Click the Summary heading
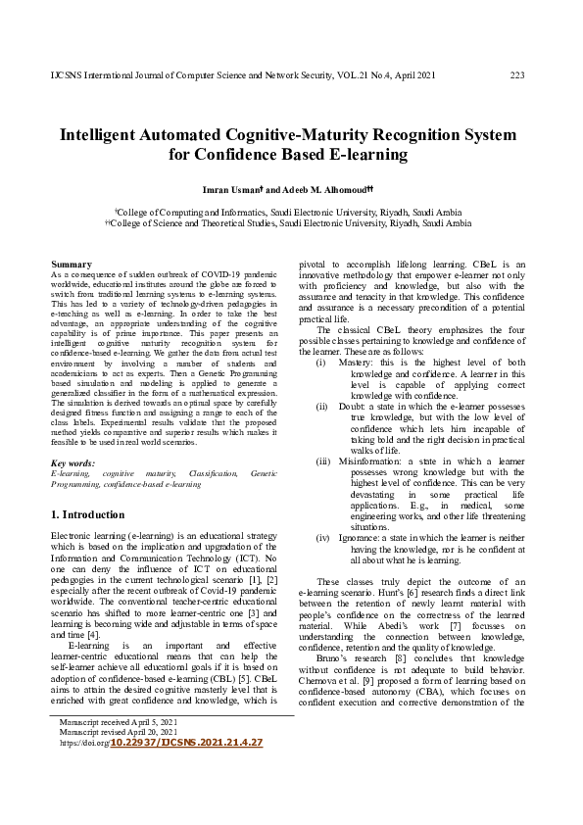pyautogui.click(x=71, y=265)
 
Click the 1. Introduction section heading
pyautogui.click(x=86, y=514)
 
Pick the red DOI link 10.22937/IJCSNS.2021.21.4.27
pyautogui.click(x=185, y=744)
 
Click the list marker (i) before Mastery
pyautogui.click(x=321, y=363)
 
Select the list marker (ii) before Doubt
pyautogui.click(x=321, y=405)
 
